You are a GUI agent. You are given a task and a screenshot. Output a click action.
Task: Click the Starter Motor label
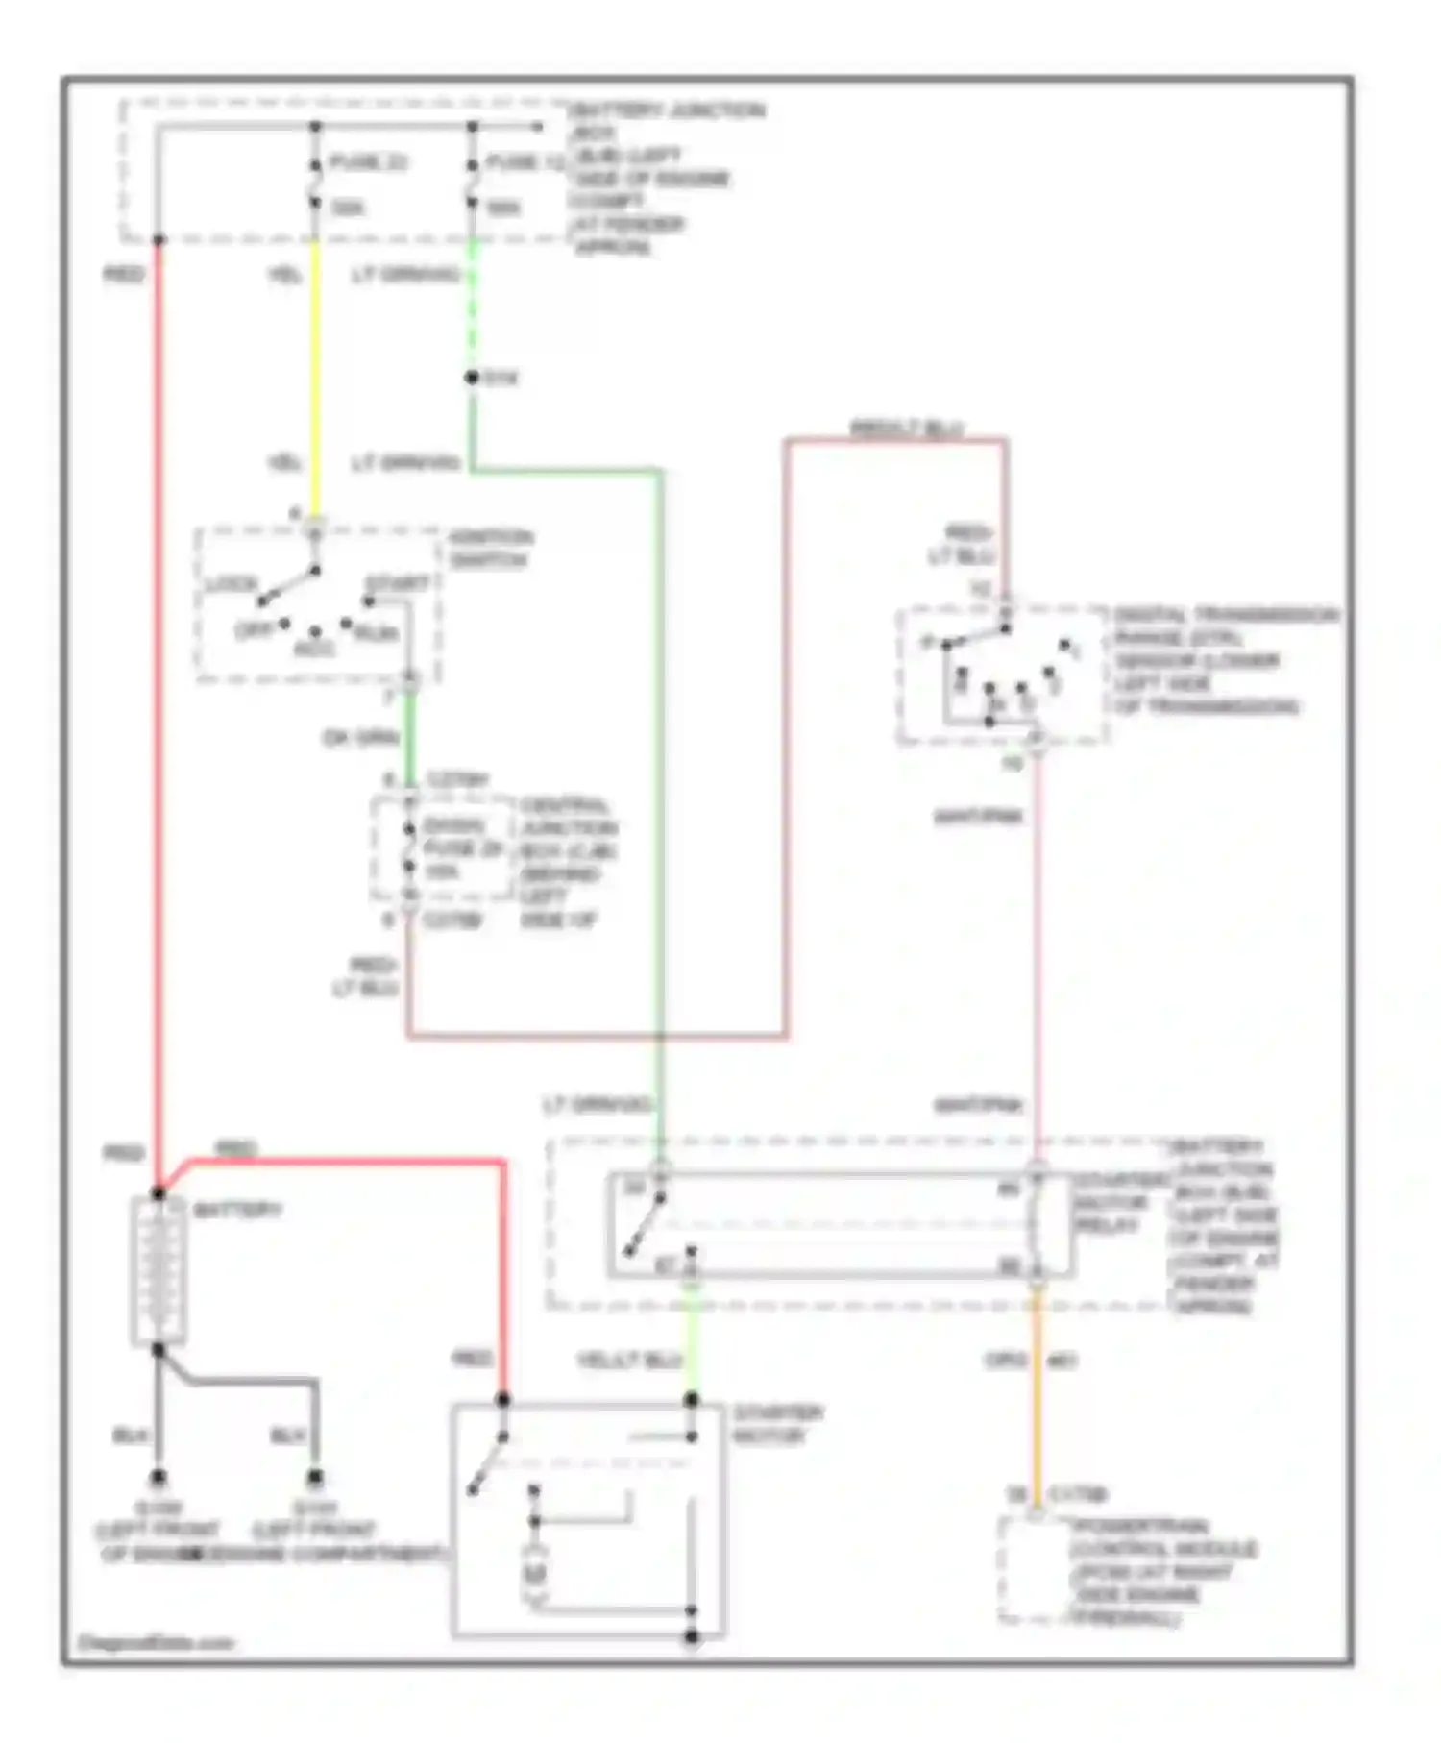(x=777, y=1424)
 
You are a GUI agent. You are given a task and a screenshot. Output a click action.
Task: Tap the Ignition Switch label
(x=490, y=549)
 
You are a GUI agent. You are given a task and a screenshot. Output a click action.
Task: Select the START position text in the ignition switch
(x=397, y=584)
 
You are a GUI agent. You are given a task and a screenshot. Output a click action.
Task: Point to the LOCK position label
(x=232, y=584)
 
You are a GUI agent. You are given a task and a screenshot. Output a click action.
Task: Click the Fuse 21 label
(x=368, y=161)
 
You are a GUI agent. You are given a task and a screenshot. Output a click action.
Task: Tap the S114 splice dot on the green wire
(x=472, y=378)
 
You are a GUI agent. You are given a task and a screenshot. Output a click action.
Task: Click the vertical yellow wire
(x=314, y=384)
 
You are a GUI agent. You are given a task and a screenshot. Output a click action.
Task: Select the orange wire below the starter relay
(x=1037, y=1393)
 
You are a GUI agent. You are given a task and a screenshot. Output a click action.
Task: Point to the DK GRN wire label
(x=360, y=739)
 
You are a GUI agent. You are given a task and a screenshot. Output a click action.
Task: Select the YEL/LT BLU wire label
(x=629, y=1361)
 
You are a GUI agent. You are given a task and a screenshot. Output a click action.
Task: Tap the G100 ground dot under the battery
(x=159, y=1477)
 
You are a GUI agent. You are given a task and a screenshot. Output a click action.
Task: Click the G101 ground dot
(x=314, y=1477)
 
